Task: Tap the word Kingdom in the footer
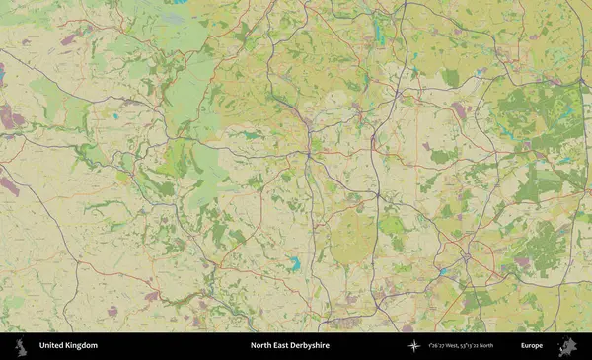(82, 346)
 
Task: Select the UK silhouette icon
(20, 346)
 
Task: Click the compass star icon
(414, 346)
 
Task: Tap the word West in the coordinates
(457, 346)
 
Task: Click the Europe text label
(532, 346)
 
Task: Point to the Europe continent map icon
(566, 346)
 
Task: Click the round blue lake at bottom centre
(294, 264)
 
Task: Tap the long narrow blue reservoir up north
(379, 32)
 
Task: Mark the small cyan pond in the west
(116, 117)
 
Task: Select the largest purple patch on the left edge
(12, 117)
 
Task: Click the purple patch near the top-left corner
(69, 40)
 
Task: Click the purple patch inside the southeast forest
(522, 261)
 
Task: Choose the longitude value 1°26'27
(437, 346)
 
